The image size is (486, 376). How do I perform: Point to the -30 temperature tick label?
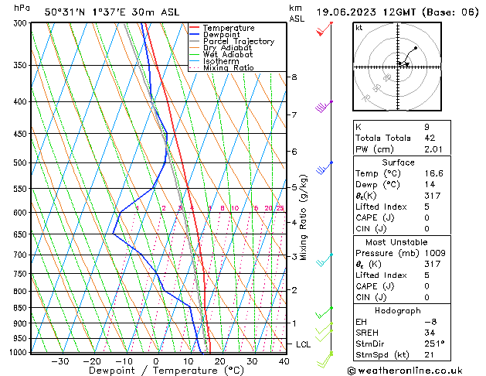(x=59, y=361)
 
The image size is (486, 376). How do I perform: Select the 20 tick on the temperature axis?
(x=219, y=361)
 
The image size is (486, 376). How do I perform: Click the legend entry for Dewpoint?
(x=223, y=35)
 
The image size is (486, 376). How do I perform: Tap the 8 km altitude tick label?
(x=294, y=77)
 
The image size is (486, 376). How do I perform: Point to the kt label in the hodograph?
(x=359, y=27)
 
